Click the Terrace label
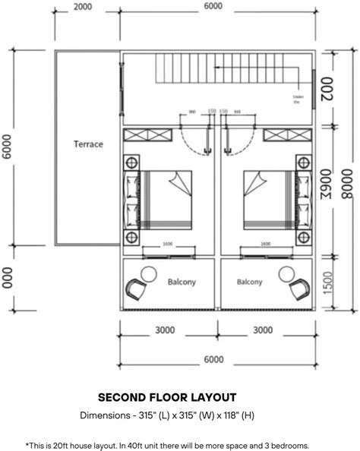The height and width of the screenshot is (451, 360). pyautogui.click(x=88, y=143)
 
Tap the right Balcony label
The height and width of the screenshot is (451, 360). pyautogui.click(x=249, y=282)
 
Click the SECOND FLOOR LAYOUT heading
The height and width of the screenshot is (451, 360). pyautogui.click(x=167, y=397)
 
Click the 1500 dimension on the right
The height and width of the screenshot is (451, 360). pyautogui.click(x=327, y=284)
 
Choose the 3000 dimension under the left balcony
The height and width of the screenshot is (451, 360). pyautogui.click(x=165, y=330)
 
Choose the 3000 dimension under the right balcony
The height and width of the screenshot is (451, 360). pyautogui.click(x=263, y=330)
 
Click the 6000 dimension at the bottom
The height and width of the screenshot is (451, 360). pyautogui.click(x=213, y=359)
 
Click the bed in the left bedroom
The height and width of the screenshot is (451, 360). pyautogui.click(x=166, y=200)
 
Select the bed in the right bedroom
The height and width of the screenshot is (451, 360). pyautogui.click(x=266, y=200)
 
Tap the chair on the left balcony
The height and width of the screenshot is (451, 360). pyautogui.click(x=134, y=289)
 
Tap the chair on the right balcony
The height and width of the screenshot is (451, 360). pyautogui.click(x=298, y=289)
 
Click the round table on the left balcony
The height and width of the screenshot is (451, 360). pyautogui.click(x=146, y=274)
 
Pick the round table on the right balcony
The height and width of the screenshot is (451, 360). pyautogui.click(x=287, y=274)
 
